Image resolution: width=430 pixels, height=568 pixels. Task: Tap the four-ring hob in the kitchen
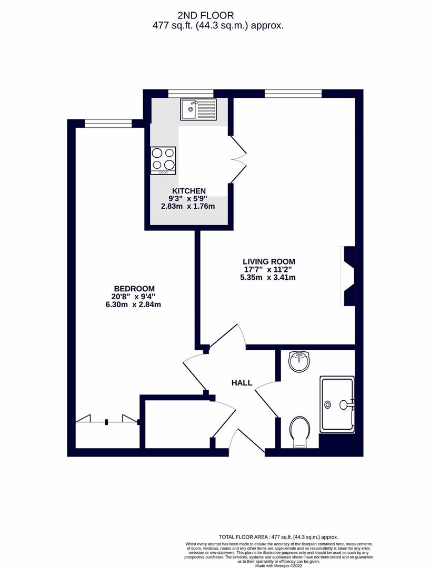pos(163,160)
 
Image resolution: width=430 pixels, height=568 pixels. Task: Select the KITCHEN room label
pos(188,190)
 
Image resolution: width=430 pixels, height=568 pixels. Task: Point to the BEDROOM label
pos(134,288)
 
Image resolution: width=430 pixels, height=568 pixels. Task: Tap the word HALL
pos(242,383)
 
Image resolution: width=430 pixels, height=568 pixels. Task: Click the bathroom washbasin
pos(300,362)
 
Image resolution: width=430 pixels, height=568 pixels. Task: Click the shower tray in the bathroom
pos(337,404)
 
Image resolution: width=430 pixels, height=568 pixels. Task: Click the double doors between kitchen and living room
pos(238,156)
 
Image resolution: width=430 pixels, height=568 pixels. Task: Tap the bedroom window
pos(108,124)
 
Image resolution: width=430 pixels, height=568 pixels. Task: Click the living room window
pos(293,94)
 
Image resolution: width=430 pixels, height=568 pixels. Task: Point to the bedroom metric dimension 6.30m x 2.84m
pos(133,304)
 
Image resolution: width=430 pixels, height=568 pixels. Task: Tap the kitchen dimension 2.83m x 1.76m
pos(188,206)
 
